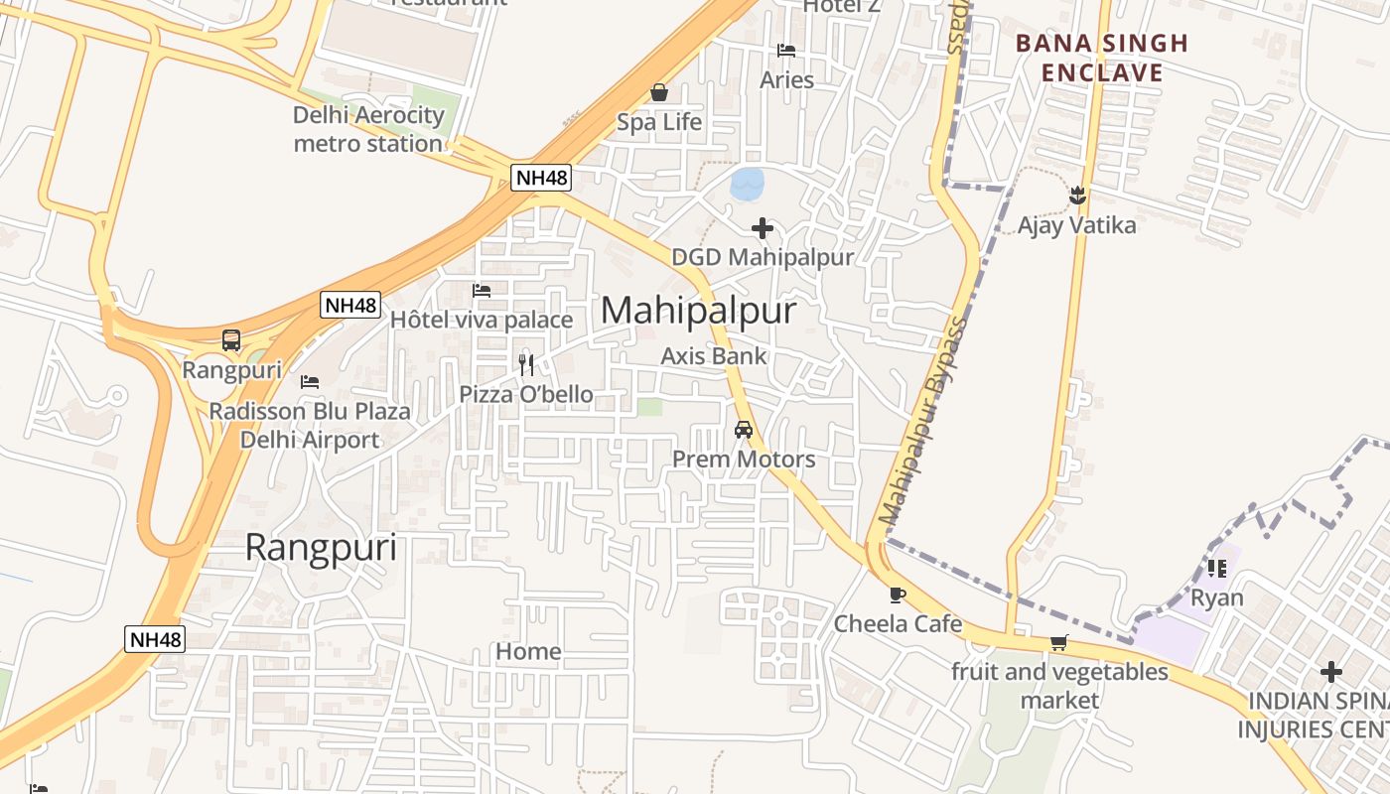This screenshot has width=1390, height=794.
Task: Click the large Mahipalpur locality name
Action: pyautogui.click(x=698, y=311)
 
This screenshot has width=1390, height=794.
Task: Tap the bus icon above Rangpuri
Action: pyautogui.click(x=231, y=340)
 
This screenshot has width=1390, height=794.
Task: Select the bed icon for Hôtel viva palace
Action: pyautogui.click(x=482, y=291)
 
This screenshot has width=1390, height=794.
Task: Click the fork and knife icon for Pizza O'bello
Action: pyautogui.click(x=526, y=364)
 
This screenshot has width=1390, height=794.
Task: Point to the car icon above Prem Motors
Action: pyautogui.click(x=743, y=430)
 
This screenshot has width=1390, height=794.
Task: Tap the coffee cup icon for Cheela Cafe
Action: pyautogui.click(x=898, y=595)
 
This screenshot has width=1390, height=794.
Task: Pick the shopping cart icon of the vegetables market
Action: pyautogui.click(x=1059, y=643)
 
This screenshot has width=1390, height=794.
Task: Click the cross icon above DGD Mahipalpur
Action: pyautogui.click(x=763, y=229)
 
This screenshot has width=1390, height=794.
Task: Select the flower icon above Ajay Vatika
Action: pyautogui.click(x=1077, y=197)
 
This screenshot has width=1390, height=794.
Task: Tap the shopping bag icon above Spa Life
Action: pyautogui.click(x=658, y=93)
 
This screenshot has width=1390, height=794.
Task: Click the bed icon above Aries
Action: pyautogui.click(x=786, y=51)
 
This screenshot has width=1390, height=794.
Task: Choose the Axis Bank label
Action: pyautogui.click(x=714, y=355)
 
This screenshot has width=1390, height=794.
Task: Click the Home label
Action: pyautogui.click(x=528, y=651)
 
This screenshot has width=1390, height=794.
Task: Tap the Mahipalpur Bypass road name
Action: pyautogui.click(x=923, y=421)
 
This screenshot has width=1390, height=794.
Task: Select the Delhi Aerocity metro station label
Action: pyautogui.click(x=368, y=129)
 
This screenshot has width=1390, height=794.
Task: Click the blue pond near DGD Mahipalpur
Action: pyautogui.click(x=747, y=183)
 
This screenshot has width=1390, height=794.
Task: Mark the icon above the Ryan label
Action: pyautogui.click(x=1216, y=569)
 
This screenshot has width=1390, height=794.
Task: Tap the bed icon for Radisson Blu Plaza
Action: pyautogui.click(x=310, y=381)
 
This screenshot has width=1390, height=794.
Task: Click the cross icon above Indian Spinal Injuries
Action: pyautogui.click(x=1330, y=672)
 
